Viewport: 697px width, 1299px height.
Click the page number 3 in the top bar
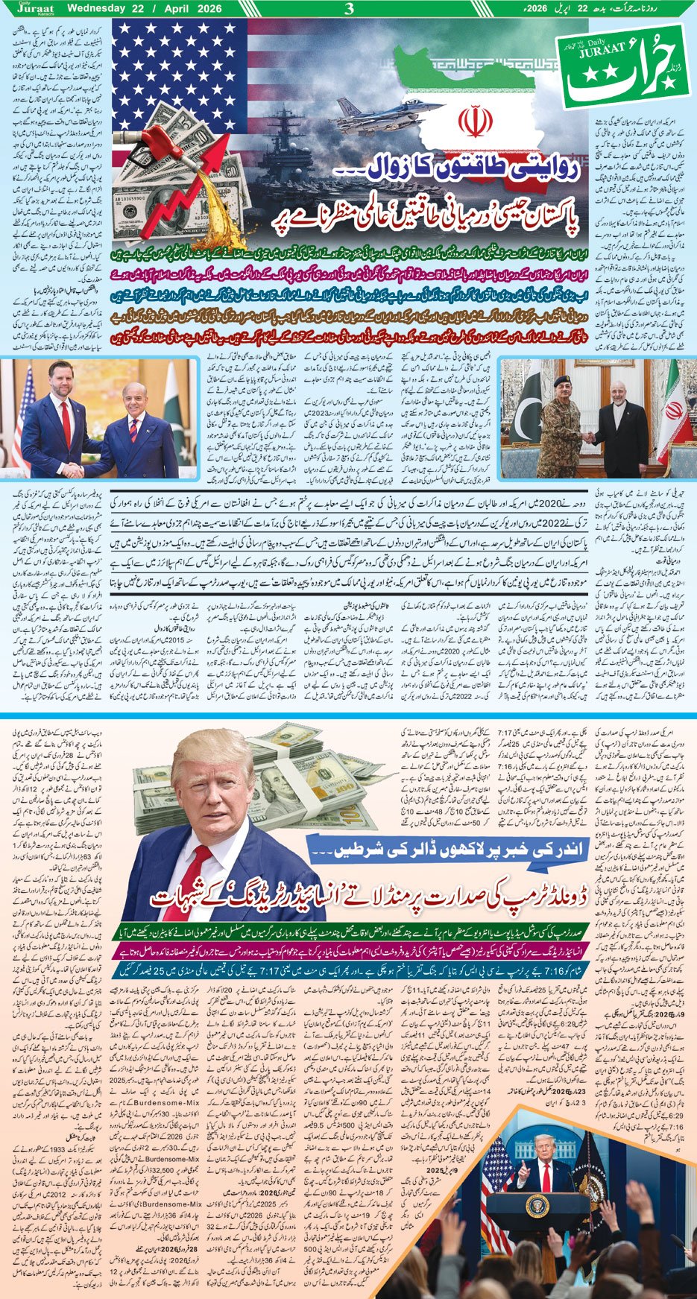click(348, 9)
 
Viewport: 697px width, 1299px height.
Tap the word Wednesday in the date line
click(95, 9)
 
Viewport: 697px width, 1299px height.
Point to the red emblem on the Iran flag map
click(470, 123)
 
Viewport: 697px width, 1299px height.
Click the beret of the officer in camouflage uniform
click(564, 382)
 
